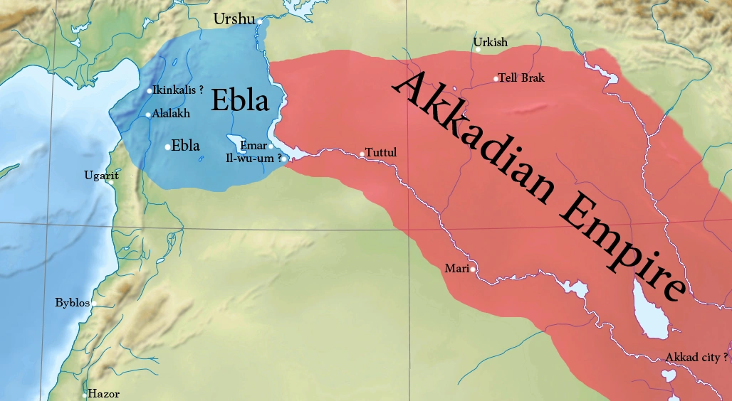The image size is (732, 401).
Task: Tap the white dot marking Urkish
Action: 479,50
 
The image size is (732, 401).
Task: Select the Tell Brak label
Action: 521,77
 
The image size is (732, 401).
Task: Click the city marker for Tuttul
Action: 362,154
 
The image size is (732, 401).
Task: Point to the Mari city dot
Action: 472,269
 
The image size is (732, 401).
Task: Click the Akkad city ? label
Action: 696,357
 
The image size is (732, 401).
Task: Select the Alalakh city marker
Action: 148,114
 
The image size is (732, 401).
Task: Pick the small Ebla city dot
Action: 167,147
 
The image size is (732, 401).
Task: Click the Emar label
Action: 253,146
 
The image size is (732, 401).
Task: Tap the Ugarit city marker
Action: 112,182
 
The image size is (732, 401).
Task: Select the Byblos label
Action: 72,303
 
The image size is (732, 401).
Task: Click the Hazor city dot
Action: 85,394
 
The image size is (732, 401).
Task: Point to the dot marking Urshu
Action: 261,22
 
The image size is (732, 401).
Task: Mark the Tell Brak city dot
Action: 496,78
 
